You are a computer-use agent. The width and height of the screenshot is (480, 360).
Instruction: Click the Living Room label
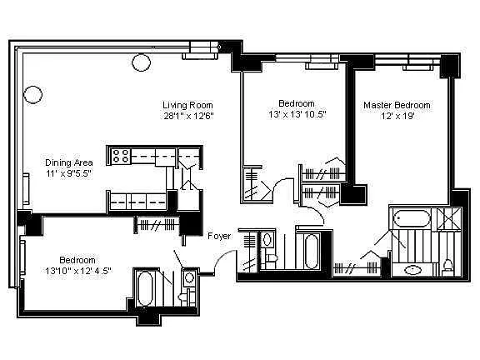187,105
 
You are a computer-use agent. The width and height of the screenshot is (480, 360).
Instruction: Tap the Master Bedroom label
397,105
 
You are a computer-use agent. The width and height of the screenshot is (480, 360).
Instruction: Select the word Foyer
219,236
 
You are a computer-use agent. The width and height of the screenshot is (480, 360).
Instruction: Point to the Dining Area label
69,162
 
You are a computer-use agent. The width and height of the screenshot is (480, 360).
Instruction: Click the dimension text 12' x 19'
397,116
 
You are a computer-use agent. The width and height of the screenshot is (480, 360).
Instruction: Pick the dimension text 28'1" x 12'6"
188,116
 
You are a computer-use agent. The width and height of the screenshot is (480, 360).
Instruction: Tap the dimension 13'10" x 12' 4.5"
78,271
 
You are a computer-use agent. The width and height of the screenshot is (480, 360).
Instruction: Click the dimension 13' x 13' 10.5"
297,114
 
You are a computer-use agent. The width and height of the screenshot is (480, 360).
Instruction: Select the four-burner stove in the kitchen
121,156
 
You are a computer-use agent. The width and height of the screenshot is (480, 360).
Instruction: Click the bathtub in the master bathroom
412,218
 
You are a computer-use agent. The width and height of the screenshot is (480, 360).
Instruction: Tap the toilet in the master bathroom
448,265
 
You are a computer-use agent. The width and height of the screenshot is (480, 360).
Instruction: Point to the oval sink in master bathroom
413,270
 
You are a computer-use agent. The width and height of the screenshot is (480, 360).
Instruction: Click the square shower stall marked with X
449,218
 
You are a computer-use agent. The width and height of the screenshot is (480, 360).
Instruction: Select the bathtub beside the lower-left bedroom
145,289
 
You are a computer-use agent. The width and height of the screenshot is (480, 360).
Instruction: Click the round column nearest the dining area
32,95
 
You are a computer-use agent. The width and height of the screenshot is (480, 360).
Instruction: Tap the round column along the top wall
141,62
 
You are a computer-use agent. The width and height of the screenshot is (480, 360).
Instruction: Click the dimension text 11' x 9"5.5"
69,173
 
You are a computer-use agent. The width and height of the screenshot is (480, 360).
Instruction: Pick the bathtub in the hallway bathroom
312,252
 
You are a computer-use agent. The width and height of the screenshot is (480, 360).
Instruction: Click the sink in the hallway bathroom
267,239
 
